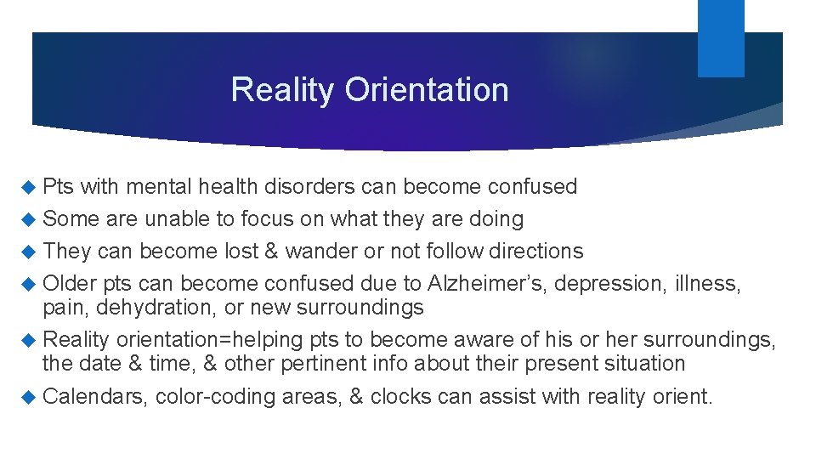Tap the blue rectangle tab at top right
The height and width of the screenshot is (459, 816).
tap(721, 38)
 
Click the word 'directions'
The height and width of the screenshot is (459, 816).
tap(541, 252)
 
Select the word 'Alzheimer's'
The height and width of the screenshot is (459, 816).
tap(481, 283)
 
